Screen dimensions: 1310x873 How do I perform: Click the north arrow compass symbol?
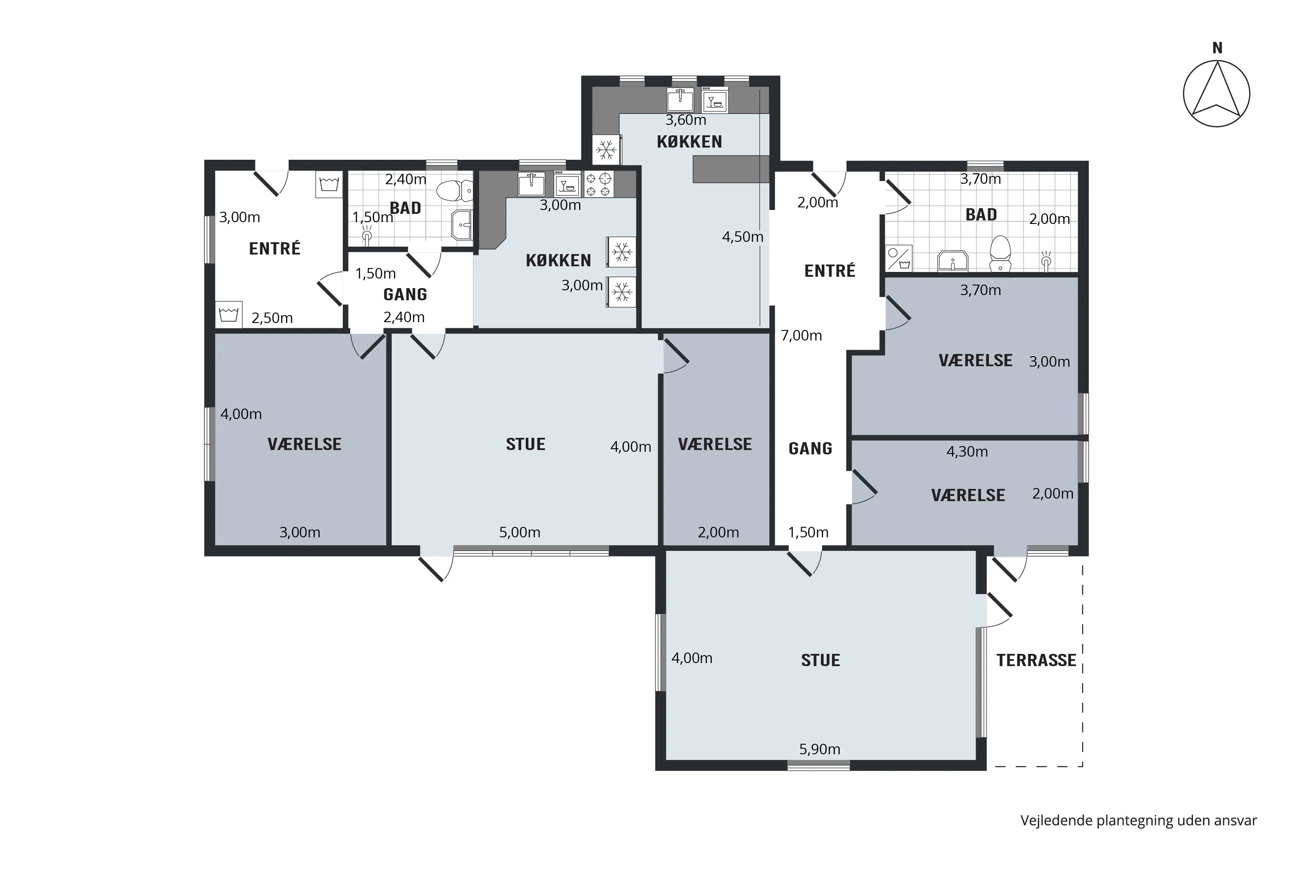pyautogui.click(x=1217, y=93)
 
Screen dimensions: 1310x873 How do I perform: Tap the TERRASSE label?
pyautogui.click(x=1036, y=660)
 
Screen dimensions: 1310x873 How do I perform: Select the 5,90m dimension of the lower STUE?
pyautogui.click(x=819, y=749)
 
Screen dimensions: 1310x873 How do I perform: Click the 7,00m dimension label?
pyautogui.click(x=801, y=335)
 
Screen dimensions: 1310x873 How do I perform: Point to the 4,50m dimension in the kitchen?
pyautogui.click(x=742, y=237)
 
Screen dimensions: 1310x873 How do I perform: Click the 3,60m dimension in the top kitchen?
pyautogui.click(x=686, y=120)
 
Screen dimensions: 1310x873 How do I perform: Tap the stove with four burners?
pyautogui.click(x=598, y=185)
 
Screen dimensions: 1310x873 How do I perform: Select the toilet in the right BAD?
pyautogui.click(x=1000, y=253)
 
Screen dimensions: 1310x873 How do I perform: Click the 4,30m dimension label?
pyautogui.click(x=967, y=451)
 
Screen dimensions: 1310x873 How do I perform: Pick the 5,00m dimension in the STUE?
pyautogui.click(x=520, y=532)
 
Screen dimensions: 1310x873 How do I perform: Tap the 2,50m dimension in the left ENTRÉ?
pyautogui.click(x=272, y=318)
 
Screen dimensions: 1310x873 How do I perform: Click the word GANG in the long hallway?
pyautogui.click(x=810, y=449)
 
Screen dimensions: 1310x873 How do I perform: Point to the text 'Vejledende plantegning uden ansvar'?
pyautogui.click(x=1138, y=821)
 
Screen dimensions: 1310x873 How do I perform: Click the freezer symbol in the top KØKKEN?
pyautogui.click(x=606, y=150)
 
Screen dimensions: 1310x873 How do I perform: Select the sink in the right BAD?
pyautogui.click(x=952, y=261)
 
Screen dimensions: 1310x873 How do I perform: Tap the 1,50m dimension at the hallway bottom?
pyautogui.click(x=808, y=532)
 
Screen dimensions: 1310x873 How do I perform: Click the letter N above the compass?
pyautogui.click(x=1217, y=48)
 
